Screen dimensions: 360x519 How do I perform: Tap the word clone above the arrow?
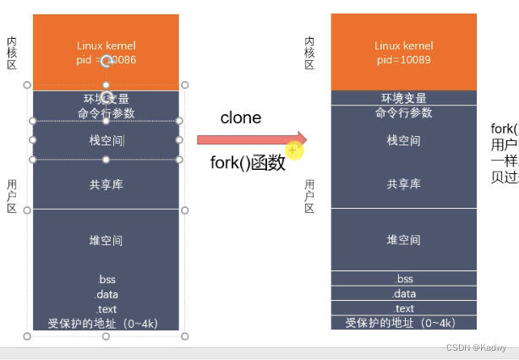tap(241, 118)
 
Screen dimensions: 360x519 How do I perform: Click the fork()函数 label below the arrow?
tap(248, 163)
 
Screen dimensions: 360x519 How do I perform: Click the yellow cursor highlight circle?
tap(292, 150)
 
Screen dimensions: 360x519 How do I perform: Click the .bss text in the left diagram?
tap(106, 279)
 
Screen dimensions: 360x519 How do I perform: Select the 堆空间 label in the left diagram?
tap(106, 240)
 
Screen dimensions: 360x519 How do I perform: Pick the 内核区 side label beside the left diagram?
tap(12, 52)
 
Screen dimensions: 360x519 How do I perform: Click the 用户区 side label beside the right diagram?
tap(309, 196)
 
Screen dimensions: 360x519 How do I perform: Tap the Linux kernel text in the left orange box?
tap(106, 46)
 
